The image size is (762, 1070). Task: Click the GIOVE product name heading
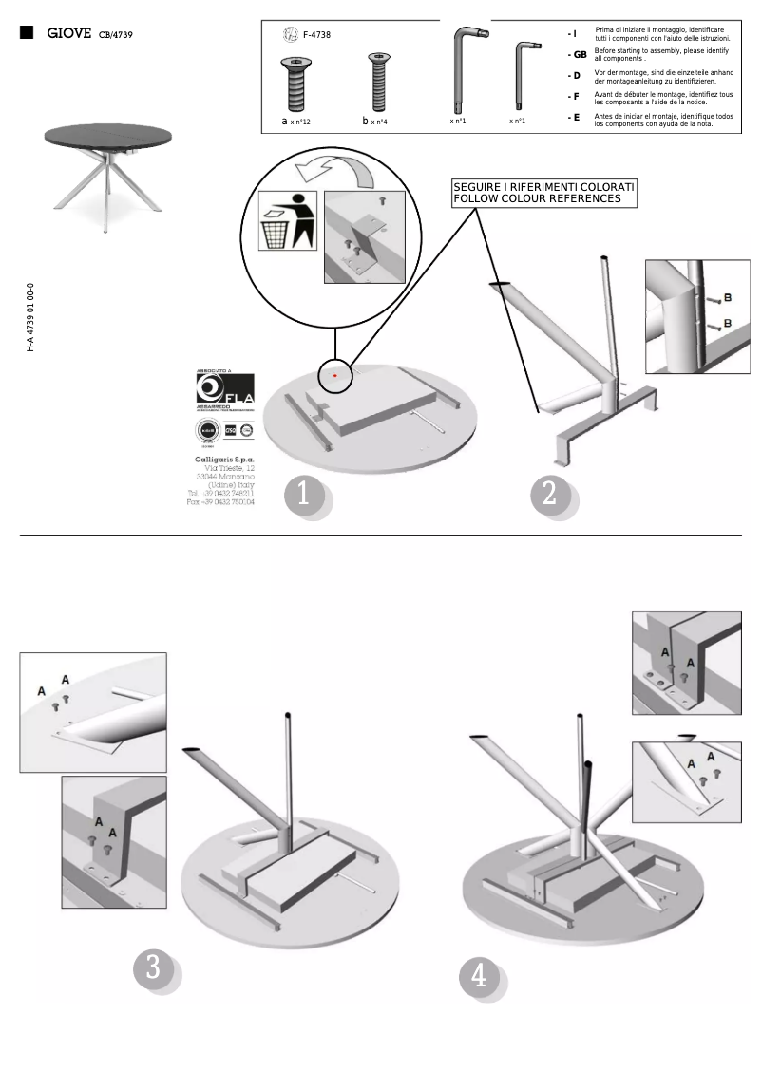click(x=68, y=33)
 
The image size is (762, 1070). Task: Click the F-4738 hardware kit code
click(x=316, y=35)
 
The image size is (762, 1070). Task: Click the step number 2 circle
click(x=549, y=495)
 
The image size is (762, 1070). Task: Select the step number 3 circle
click(x=153, y=969)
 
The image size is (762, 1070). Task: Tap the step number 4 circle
click(x=479, y=976)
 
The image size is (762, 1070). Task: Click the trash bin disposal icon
click(x=289, y=221)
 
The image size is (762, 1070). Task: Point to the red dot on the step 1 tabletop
click(x=335, y=376)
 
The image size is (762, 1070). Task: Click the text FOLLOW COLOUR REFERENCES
click(x=537, y=199)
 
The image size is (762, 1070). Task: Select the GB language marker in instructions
click(x=576, y=54)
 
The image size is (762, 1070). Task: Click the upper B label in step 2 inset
click(x=727, y=298)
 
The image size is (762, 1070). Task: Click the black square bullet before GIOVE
click(x=27, y=33)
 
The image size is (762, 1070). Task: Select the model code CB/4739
click(x=115, y=35)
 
